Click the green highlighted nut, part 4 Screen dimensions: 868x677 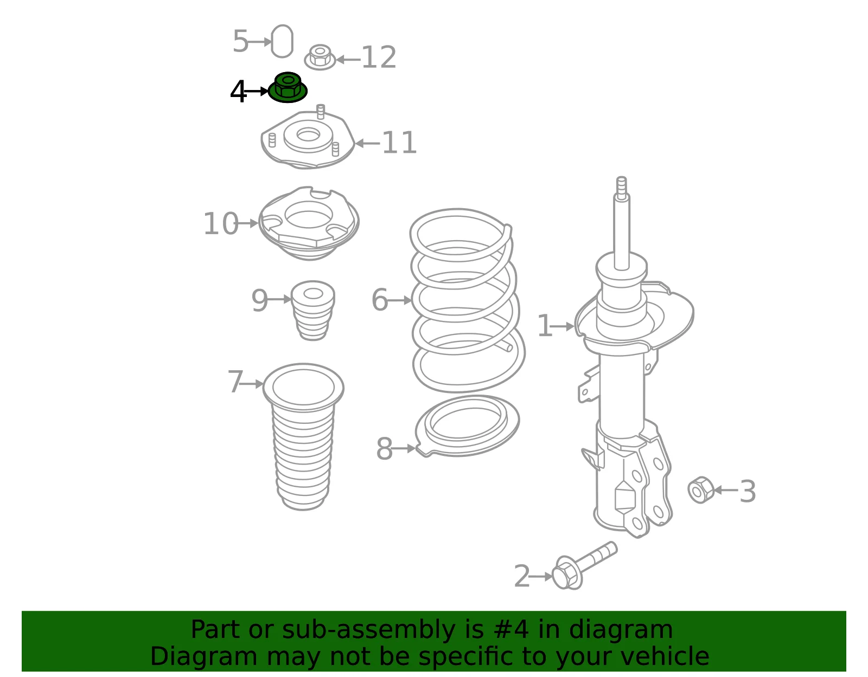point(287,87)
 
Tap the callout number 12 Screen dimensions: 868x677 point(379,57)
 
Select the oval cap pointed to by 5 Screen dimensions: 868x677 point(282,41)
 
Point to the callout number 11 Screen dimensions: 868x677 point(399,143)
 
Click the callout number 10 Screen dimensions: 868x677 point(221,223)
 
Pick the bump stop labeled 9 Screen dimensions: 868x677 point(313,311)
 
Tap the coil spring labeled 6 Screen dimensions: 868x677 point(467,300)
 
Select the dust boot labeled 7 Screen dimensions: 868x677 point(303,436)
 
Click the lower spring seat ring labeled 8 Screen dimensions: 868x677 point(467,425)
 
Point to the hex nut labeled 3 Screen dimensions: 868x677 point(700,489)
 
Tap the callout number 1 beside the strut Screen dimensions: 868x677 point(545,326)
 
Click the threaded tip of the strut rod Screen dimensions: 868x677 point(621,185)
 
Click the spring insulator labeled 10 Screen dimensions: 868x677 point(309,223)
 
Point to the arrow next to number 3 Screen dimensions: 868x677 point(726,490)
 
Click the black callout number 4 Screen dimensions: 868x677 point(238,92)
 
